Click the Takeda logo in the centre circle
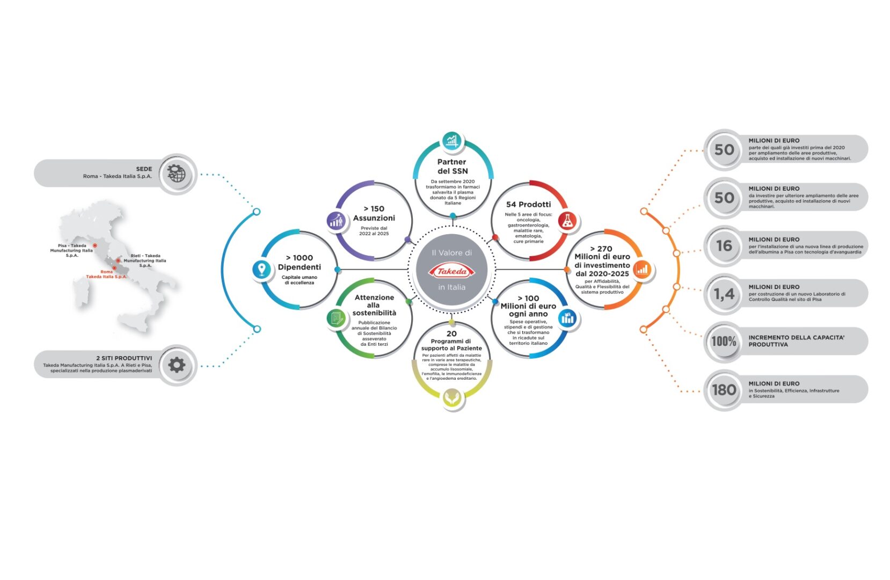(x=451, y=271)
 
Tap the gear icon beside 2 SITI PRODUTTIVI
(x=177, y=365)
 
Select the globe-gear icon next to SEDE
(x=177, y=173)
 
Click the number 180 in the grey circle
(x=724, y=390)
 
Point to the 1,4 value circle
(x=724, y=294)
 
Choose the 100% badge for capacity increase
(x=724, y=342)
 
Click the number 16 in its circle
(x=724, y=246)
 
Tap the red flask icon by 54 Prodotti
(x=567, y=221)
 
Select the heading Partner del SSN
(x=452, y=166)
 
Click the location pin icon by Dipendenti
(x=261, y=269)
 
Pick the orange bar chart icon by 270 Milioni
(x=641, y=270)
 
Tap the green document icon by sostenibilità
(x=336, y=319)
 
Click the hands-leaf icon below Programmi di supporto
(x=452, y=398)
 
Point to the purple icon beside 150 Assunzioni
(x=336, y=220)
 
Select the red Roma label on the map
(x=106, y=274)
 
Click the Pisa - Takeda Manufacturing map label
(x=71, y=250)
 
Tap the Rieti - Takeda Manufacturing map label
(x=145, y=260)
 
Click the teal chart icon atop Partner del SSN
(x=452, y=141)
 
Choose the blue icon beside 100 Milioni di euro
(x=567, y=318)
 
